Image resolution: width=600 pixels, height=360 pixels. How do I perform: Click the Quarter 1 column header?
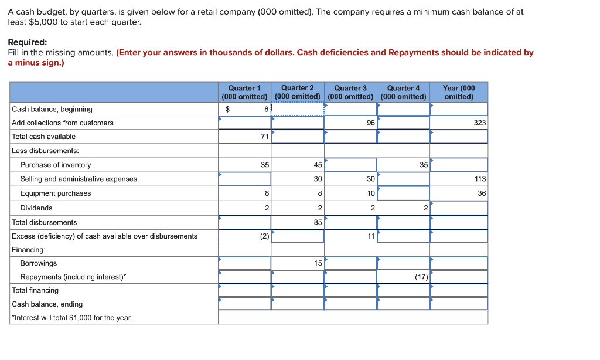click(244, 92)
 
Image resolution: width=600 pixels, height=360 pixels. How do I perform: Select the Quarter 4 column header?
click(403, 92)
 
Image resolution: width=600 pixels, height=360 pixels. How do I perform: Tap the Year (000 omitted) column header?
click(459, 92)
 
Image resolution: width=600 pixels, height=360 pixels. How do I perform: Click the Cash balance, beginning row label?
click(52, 109)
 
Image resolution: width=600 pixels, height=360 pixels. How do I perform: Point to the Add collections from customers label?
click(63, 123)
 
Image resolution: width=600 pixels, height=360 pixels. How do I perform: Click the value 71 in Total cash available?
click(264, 137)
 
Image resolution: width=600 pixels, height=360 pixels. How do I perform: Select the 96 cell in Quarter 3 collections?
click(370, 123)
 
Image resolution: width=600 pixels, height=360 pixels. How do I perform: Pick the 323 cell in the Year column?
click(480, 123)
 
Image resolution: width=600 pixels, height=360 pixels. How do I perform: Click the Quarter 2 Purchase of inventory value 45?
click(318, 165)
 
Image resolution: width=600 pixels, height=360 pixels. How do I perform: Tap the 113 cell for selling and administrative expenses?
click(480, 179)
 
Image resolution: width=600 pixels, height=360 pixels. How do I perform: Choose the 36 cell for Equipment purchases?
click(482, 193)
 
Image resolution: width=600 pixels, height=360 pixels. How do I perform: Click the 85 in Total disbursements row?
click(318, 222)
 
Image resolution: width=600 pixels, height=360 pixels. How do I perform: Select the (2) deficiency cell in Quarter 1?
click(264, 236)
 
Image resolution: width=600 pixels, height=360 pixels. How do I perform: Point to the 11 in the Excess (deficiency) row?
click(370, 236)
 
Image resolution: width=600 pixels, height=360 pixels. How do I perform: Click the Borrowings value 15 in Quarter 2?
click(318, 263)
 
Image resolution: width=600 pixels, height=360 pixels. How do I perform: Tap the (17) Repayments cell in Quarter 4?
click(421, 277)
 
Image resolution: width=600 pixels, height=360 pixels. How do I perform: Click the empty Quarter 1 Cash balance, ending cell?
click(244, 304)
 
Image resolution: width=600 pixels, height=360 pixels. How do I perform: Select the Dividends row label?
click(36, 208)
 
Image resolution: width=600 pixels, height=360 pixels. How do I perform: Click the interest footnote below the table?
click(72, 317)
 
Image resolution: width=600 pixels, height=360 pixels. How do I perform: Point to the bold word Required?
click(28, 42)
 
